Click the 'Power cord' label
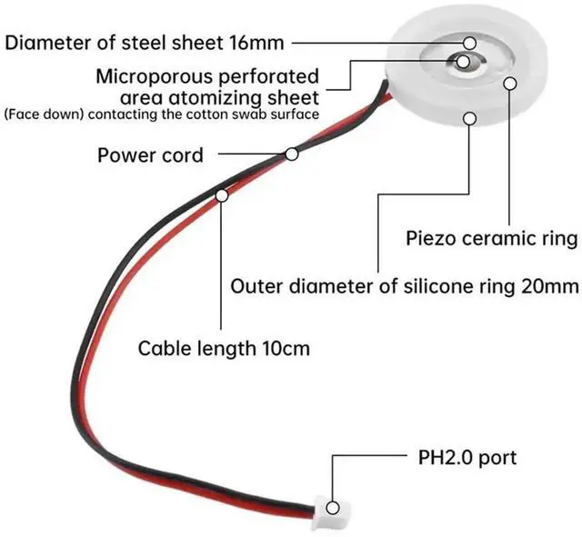tap(150, 154)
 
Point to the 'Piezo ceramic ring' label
tap(491, 239)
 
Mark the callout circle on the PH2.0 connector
tap(334, 508)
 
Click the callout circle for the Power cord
tap(292, 154)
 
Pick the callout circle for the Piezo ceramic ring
tap(510, 84)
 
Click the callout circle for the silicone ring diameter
tap(469, 115)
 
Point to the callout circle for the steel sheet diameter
tap(470, 42)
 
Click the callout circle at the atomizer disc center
tap(465, 62)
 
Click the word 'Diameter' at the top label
tap(44, 42)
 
